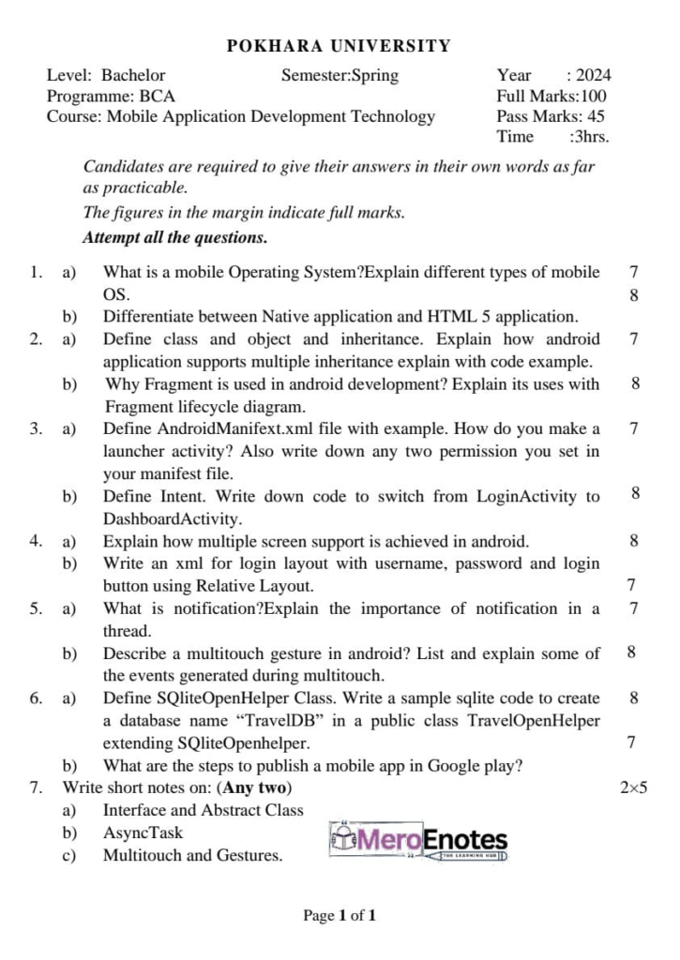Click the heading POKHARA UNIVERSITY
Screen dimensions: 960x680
pyautogui.click(x=340, y=46)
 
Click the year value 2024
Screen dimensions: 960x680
pyautogui.click(x=593, y=76)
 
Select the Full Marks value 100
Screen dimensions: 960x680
pyautogui.click(x=594, y=96)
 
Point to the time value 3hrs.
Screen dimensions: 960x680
pyautogui.click(x=591, y=137)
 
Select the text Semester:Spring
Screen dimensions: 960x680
pyautogui.click(x=340, y=76)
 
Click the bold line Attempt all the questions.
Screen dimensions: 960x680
pyautogui.click(x=174, y=237)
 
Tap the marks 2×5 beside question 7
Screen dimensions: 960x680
pyautogui.click(x=634, y=787)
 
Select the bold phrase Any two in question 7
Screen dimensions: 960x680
pyautogui.click(x=257, y=787)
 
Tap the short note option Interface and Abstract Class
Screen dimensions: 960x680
pyautogui.click(x=203, y=810)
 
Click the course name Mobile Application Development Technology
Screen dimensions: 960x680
pyautogui.click(x=270, y=116)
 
